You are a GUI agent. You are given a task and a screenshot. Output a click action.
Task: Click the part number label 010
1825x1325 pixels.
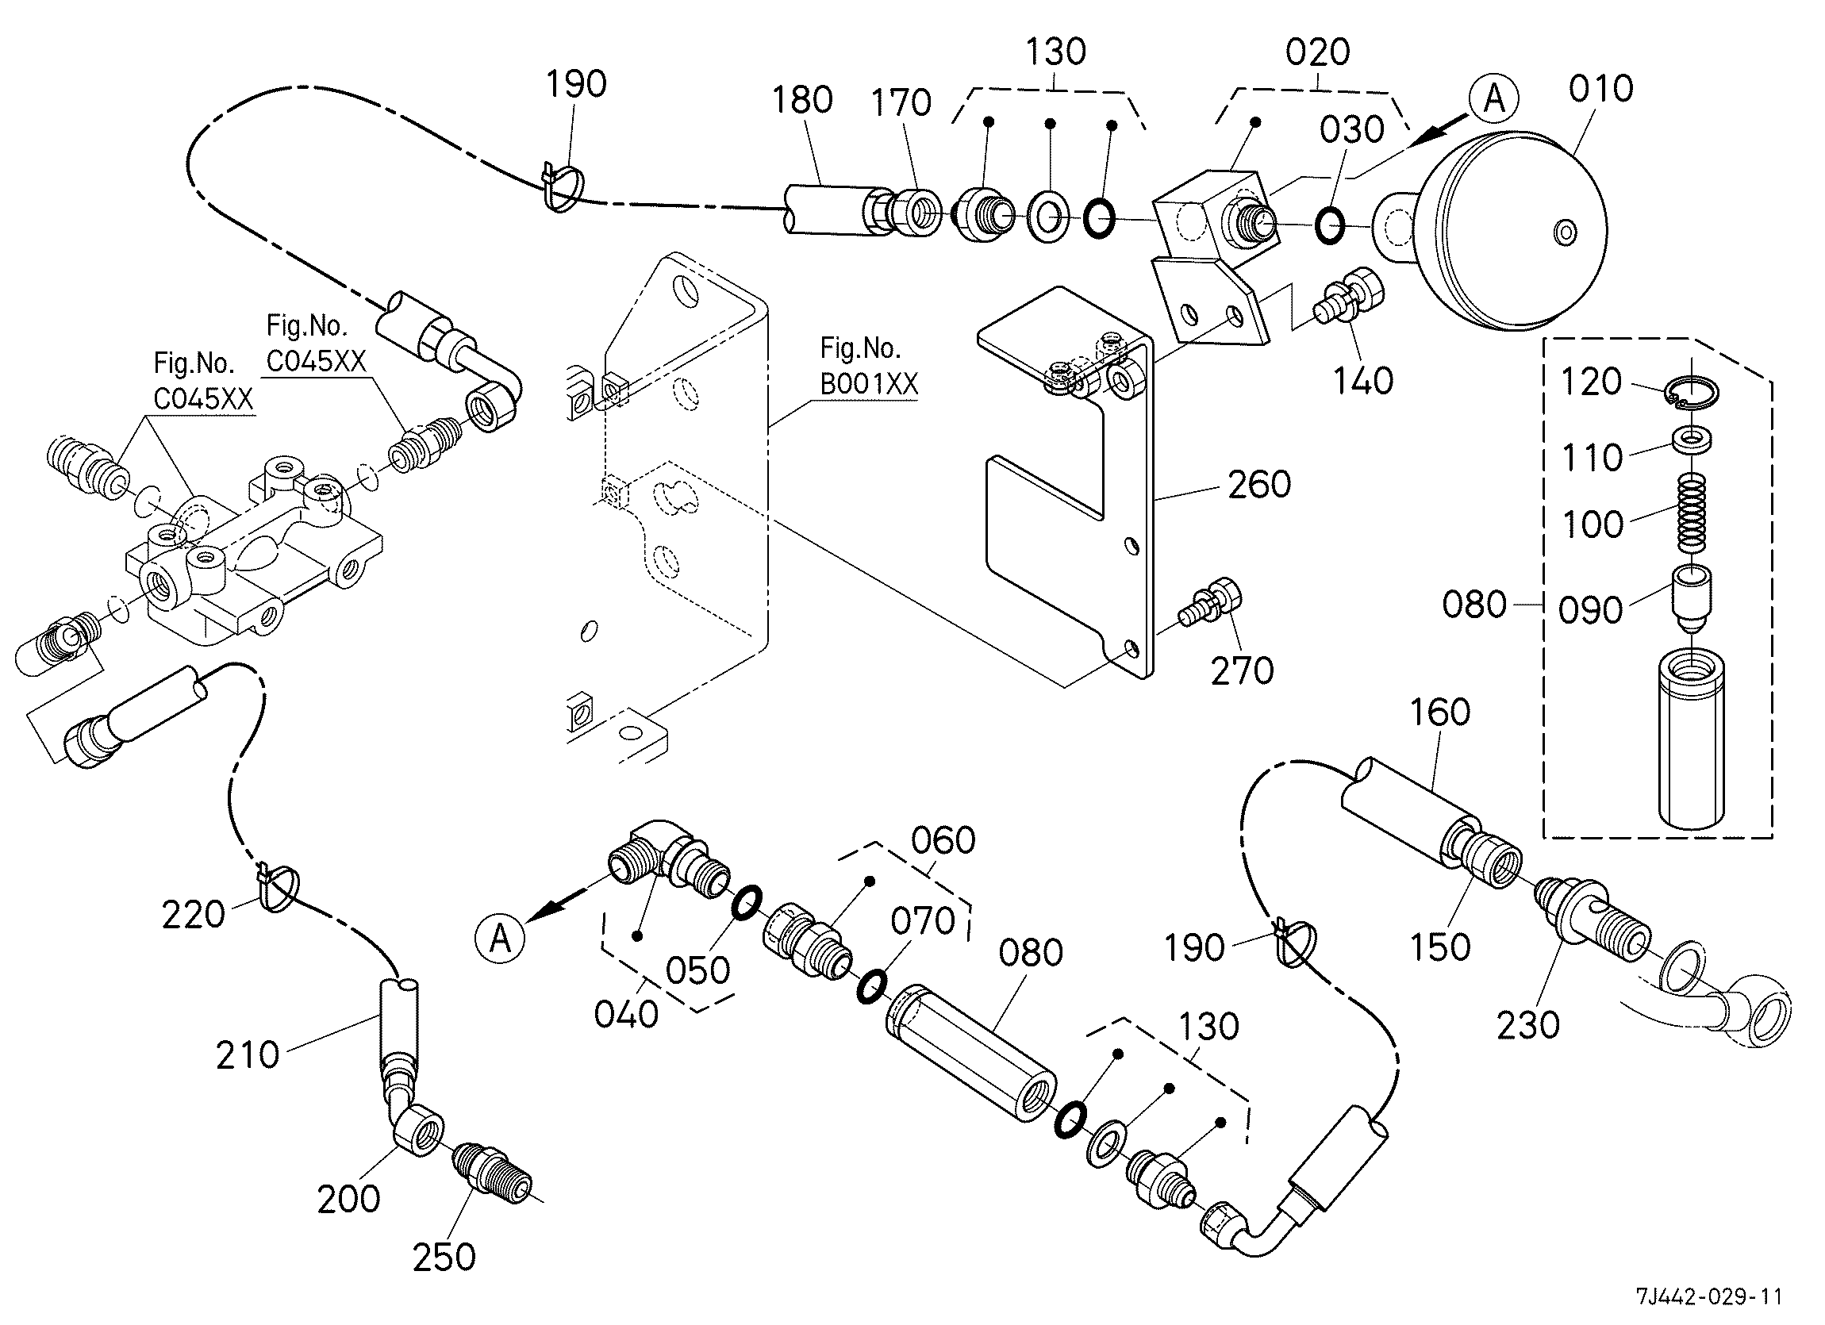pyautogui.click(x=1600, y=89)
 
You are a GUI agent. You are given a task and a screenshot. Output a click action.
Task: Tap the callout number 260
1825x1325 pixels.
pyautogui.click(x=1259, y=484)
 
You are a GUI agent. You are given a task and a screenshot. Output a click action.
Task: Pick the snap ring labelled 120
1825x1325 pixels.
pyautogui.click(x=1692, y=392)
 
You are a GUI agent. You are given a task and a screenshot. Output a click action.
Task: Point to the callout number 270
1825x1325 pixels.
pyautogui.click(x=1243, y=671)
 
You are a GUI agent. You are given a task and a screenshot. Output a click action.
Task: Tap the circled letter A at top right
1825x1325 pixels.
pyautogui.click(x=1493, y=99)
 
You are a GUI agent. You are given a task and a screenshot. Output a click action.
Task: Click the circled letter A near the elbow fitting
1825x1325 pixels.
pyautogui.click(x=501, y=937)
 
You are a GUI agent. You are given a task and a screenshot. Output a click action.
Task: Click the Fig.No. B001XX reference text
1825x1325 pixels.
pyautogui.click(x=869, y=366)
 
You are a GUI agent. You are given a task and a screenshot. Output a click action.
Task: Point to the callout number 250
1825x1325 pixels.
pyautogui.click(x=444, y=1258)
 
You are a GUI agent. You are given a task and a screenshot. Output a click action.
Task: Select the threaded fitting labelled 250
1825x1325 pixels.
pyautogui.click(x=493, y=1172)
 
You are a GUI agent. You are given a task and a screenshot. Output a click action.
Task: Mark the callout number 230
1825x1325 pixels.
pyautogui.click(x=1528, y=1026)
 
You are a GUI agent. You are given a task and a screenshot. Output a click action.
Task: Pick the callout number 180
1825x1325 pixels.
pyautogui.click(x=802, y=101)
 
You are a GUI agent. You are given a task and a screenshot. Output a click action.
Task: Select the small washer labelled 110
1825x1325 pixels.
pyautogui.click(x=1693, y=440)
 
